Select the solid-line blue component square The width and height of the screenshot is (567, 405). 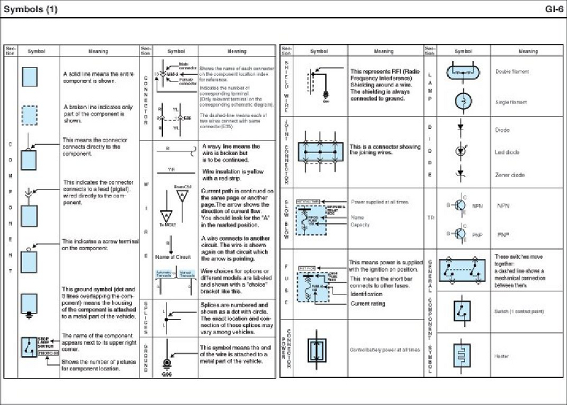click(x=29, y=76)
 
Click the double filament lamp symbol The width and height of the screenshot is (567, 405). click(x=464, y=72)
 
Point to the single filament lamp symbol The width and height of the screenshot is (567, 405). click(x=463, y=102)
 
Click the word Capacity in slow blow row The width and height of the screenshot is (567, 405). click(x=361, y=225)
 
